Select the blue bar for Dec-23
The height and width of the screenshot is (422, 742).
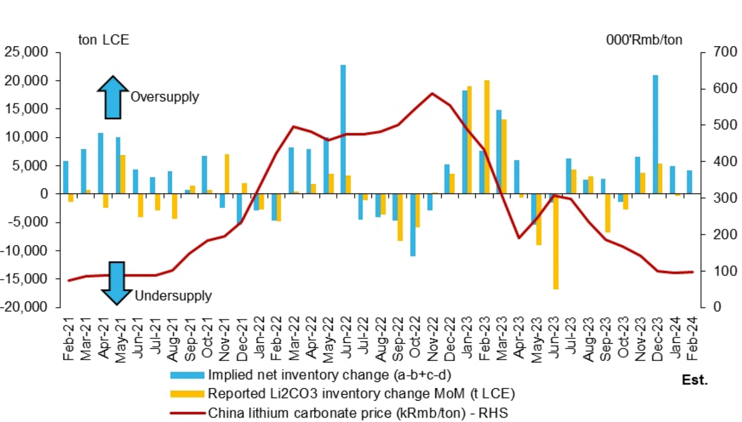(x=655, y=134)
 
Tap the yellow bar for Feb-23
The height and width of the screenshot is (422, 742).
(x=487, y=137)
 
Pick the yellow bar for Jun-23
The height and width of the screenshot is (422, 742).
(x=556, y=241)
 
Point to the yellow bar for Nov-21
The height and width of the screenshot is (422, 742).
(x=227, y=174)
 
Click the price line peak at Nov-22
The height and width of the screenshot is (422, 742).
(x=432, y=94)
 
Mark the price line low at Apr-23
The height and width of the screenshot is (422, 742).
(x=519, y=238)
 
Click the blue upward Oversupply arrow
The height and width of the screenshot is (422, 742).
(x=113, y=97)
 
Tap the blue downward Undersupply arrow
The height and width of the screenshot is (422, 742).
(x=117, y=283)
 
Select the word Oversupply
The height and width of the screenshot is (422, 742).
(x=165, y=97)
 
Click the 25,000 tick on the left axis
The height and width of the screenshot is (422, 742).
(x=26, y=52)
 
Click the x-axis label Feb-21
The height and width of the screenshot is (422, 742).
(x=68, y=339)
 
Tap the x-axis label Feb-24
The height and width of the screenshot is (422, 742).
(x=691, y=339)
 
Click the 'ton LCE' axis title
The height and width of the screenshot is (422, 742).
(x=103, y=40)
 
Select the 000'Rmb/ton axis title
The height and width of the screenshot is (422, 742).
(x=644, y=40)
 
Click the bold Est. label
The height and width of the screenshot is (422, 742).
(x=695, y=380)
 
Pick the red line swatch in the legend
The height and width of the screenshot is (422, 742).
(x=187, y=413)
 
